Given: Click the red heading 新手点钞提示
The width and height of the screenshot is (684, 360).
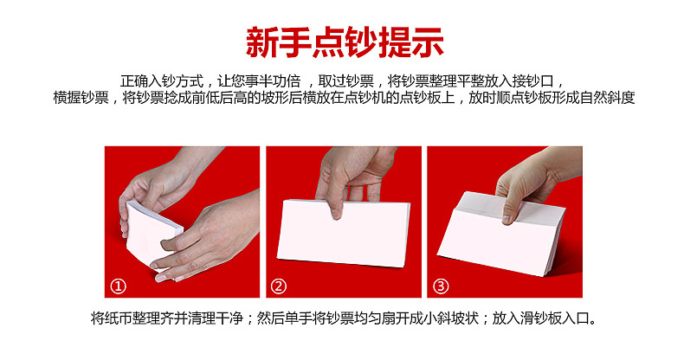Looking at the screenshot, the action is click(x=345, y=42).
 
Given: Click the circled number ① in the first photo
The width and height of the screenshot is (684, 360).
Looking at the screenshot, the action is click(x=119, y=286).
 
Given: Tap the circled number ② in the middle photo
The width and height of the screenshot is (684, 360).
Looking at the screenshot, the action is click(x=278, y=286).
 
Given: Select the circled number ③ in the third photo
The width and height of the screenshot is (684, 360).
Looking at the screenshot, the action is click(x=440, y=286).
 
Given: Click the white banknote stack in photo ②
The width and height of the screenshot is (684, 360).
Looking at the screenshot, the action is click(x=344, y=232).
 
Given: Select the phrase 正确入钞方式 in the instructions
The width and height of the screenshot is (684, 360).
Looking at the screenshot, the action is click(x=162, y=81).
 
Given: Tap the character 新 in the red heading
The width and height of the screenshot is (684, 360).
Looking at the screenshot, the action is click(x=261, y=42).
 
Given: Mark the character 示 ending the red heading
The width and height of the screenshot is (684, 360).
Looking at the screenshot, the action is click(x=428, y=42).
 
